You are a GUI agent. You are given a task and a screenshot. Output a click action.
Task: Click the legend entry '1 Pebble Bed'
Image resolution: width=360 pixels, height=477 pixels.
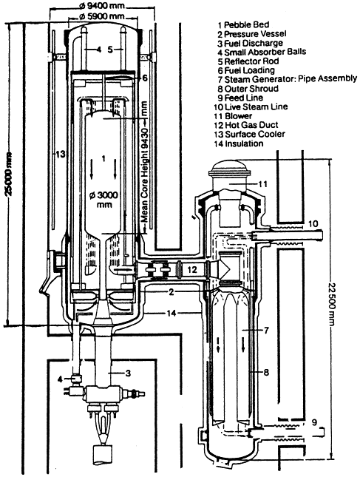(243, 24)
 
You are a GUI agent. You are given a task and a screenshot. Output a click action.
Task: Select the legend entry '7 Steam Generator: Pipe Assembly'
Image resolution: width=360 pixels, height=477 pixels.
(288, 79)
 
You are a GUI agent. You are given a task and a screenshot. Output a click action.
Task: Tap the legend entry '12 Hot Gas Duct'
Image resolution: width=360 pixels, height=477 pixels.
(246, 125)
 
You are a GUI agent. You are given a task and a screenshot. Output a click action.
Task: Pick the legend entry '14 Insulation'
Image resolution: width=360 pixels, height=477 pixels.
(239, 143)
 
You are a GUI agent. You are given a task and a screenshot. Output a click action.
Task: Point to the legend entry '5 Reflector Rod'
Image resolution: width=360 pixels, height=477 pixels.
(248, 61)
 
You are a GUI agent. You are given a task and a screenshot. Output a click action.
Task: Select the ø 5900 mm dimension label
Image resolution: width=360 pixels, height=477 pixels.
(102, 16)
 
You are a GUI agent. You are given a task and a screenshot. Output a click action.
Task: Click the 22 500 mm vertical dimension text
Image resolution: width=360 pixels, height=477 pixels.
(332, 305)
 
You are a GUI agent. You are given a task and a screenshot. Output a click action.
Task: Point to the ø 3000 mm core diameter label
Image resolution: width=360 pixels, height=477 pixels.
(104, 200)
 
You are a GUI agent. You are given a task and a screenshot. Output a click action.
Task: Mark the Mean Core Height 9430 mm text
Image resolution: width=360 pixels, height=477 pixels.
(144, 162)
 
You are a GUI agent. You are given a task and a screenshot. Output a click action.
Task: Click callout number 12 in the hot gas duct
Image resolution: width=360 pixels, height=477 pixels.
(192, 269)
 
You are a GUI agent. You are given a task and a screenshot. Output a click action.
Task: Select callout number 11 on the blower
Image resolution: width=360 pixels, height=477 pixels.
(262, 184)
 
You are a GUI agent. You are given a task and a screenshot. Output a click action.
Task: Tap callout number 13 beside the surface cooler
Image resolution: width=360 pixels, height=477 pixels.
(60, 155)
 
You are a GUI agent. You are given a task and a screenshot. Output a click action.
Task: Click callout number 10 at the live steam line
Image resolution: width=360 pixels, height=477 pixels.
(313, 224)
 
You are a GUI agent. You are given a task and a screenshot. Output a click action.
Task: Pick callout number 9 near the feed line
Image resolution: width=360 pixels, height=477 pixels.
(314, 422)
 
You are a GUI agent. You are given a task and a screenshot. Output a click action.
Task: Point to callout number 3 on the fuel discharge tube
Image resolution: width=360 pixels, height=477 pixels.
(129, 373)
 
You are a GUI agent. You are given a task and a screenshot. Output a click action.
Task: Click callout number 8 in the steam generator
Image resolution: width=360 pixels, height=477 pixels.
(266, 372)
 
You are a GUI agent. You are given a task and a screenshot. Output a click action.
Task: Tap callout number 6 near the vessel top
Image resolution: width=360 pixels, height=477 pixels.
(145, 78)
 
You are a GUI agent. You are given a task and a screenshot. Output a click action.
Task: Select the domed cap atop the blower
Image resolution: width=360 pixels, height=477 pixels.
(230, 168)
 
